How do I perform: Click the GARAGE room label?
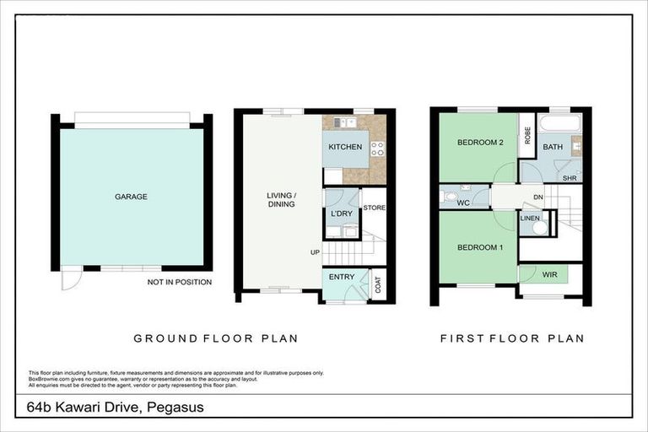131,197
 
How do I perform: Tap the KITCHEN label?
345,147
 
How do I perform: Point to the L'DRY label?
341,213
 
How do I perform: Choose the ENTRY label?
342,277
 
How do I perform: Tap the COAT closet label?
377,284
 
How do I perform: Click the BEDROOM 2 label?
480,143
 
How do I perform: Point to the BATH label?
553,147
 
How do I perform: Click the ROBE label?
527,136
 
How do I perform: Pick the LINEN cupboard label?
529,219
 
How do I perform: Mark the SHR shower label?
570,179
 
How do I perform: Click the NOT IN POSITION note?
179,282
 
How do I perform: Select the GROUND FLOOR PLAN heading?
215,338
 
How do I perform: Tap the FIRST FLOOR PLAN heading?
511,338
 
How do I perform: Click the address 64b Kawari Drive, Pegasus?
115,408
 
